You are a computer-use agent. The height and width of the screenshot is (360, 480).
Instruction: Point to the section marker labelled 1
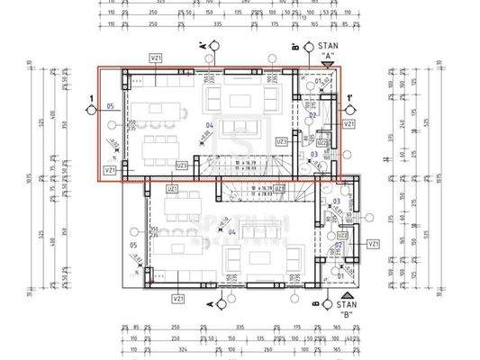tap(91, 109)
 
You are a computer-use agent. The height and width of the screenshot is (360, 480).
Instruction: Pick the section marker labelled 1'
tap(347, 109)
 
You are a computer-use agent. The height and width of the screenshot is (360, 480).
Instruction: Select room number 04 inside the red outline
tap(209, 125)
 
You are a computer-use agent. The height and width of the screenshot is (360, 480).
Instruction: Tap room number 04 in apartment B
tap(232, 232)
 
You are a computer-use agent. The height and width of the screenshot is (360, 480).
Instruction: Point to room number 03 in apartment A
tap(314, 155)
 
